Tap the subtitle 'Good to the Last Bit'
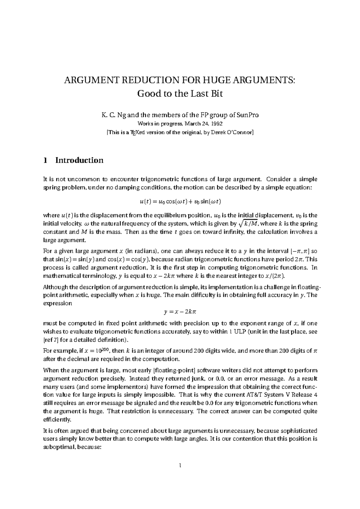[180, 94]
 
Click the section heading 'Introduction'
[79, 160]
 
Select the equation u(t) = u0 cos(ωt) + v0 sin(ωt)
[180, 201]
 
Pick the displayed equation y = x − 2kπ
[180, 312]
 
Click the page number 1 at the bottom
[180, 474]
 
